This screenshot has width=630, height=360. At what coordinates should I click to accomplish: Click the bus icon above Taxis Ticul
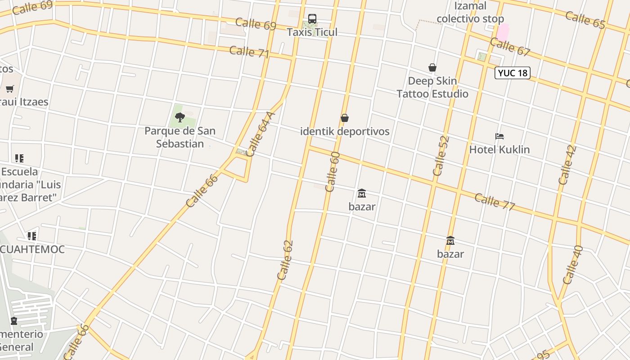click(x=312, y=19)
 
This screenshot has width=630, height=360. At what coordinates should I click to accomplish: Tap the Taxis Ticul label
click(x=312, y=32)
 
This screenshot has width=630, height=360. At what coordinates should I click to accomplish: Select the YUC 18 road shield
click(x=512, y=73)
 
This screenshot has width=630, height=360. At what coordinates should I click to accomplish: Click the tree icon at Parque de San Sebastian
click(x=180, y=118)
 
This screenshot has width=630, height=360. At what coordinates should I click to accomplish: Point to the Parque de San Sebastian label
click(x=180, y=137)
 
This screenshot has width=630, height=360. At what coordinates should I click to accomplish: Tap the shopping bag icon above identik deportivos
click(x=345, y=118)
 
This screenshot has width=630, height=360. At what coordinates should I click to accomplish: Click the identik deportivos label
click(x=345, y=131)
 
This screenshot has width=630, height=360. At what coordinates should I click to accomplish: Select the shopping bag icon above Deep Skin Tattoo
click(x=432, y=67)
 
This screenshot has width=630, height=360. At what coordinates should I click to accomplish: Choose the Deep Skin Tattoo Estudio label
click(x=432, y=87)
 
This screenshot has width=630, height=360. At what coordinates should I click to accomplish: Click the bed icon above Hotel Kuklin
click(x=499, y=136)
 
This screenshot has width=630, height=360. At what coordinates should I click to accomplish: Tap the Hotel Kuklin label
click(x=499, y=149)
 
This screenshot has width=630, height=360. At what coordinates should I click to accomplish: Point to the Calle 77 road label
click(x=495, y=202)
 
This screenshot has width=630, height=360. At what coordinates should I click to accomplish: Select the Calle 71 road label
click(x=249, y=52)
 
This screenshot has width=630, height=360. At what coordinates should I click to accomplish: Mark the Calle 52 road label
click(x=441, y=156)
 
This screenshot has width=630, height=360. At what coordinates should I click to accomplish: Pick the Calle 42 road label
click(x=567, y=165)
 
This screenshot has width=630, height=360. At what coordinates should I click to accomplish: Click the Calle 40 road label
click(x=573, y=265)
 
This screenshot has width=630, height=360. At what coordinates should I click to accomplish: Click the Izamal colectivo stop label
click(x=470, y=13)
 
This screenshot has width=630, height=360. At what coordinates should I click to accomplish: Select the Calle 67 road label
click(x=510, y=47)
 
